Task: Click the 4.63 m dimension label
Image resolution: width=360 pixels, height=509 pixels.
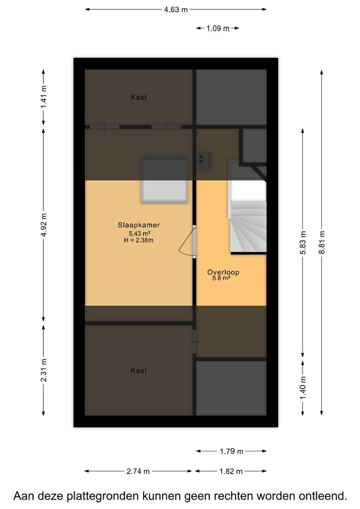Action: (176, 9)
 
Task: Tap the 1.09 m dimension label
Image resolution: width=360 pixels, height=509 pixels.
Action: (218, 28)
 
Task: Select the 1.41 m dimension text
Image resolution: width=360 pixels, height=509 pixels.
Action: (43, 97)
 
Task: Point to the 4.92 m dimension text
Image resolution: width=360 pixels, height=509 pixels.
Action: (43, 225)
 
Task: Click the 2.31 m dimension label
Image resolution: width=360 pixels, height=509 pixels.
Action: (43, 370)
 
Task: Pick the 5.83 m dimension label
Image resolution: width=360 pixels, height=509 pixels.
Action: (303, 243)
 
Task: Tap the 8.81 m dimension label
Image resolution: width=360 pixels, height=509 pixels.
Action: (322, 243)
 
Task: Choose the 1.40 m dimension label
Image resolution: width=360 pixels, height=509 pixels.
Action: (303, 388)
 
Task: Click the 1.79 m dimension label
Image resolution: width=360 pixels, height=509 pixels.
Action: (231, 451)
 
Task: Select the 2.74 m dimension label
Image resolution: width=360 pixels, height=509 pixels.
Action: (138, 471)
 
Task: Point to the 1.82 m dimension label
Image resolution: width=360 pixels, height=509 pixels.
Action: (231, 471)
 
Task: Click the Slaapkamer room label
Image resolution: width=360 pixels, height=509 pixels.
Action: (139, 225)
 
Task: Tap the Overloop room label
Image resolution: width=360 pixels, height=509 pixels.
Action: (223, 272)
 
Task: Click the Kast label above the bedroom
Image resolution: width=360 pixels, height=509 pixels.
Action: (139, 97)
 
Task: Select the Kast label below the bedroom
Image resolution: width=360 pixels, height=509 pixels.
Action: (139, 370)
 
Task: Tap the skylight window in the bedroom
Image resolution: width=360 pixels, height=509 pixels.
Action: (164, 180)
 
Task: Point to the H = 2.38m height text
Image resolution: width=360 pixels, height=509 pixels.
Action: (139, 240)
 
